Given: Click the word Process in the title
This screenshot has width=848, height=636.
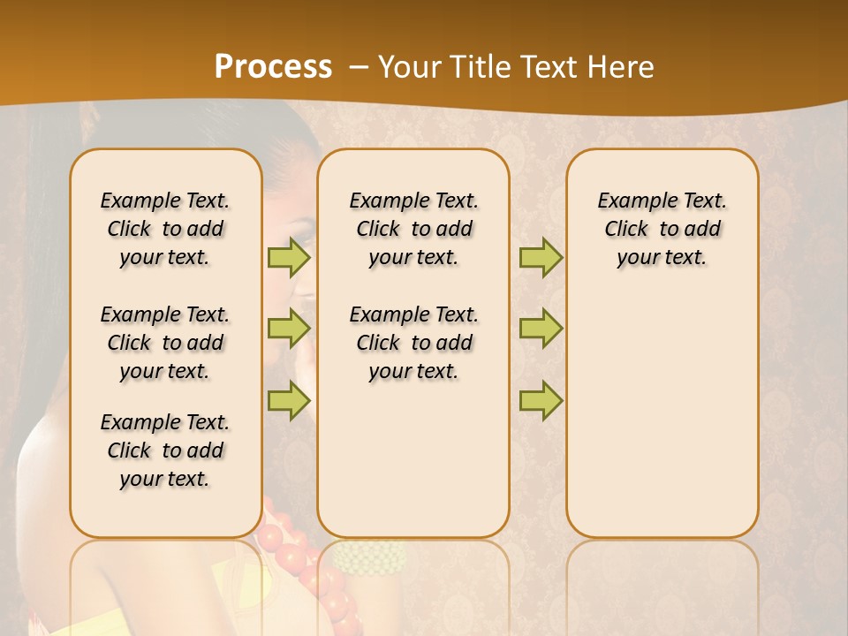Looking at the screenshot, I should point(273,67).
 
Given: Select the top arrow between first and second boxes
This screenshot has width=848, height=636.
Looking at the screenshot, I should point(288,257).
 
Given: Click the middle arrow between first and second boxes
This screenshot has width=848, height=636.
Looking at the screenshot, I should point(288,329).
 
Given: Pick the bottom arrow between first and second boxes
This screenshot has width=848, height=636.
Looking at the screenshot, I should point(288,400).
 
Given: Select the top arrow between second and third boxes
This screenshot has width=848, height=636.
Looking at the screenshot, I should point(541,257).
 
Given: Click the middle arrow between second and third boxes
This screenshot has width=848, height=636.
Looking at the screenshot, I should point(541,329).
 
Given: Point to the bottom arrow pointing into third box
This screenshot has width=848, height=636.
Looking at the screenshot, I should point(541,400).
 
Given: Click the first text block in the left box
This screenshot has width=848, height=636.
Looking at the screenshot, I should point(165,229).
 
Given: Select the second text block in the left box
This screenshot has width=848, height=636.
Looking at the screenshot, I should point(165,343).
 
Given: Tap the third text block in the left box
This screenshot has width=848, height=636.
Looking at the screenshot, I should point(165,450).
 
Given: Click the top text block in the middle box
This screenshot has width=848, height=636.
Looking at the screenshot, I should point(413,229).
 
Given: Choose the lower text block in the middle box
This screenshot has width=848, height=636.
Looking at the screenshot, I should point(413,343).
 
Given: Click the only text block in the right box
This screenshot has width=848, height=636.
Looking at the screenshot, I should point(662,229).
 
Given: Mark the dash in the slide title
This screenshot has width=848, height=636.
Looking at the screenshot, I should point(359,68).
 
